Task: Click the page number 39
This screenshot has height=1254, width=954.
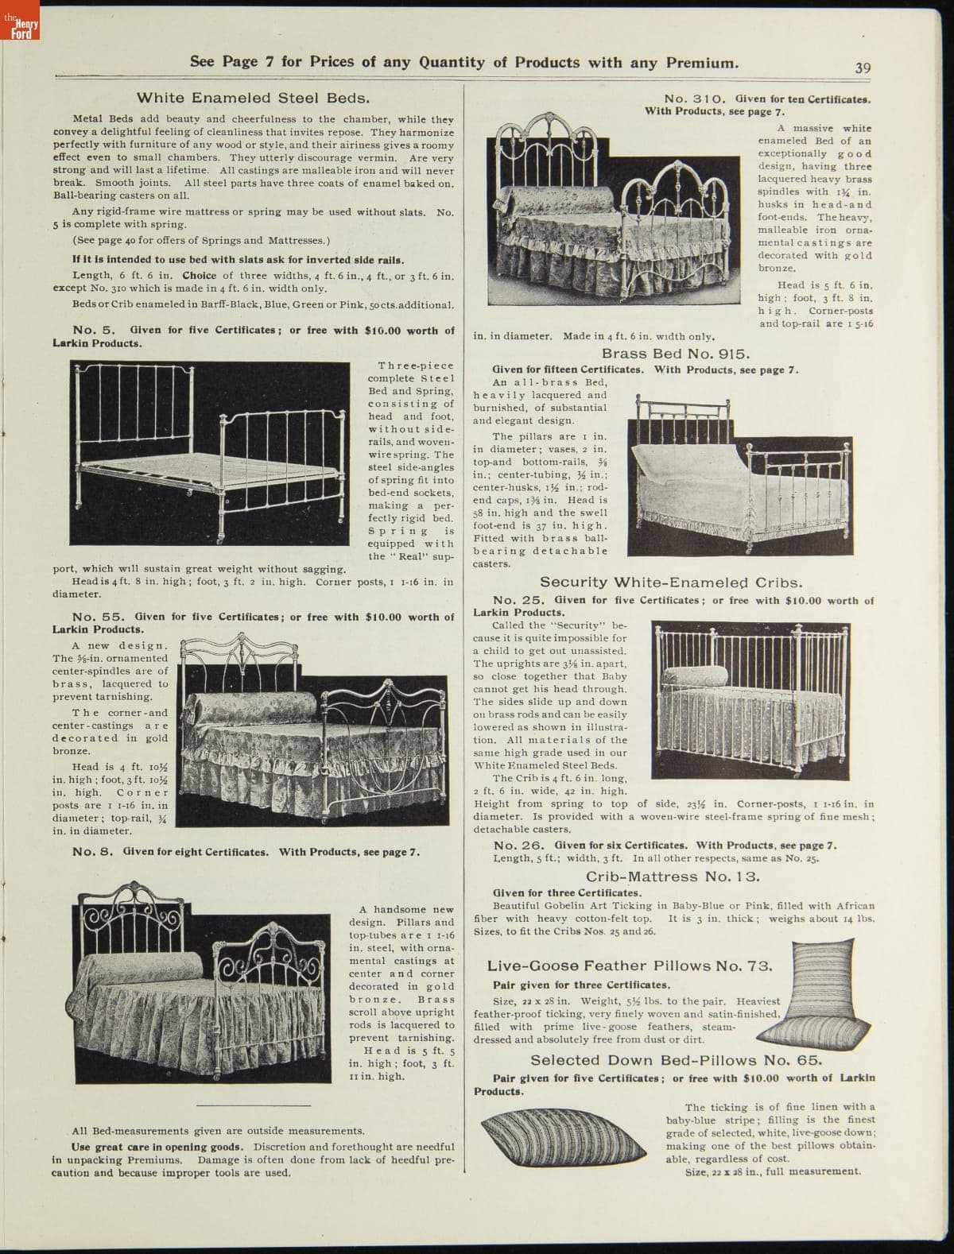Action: [x=863, y=68]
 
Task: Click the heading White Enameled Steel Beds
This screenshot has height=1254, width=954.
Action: [x=253, y=98]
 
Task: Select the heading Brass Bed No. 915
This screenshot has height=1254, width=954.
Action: [x=676, y=354]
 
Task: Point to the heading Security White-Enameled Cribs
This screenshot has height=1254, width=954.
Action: [x=671, y=582]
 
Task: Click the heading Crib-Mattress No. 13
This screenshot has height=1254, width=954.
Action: [x=673, y=877]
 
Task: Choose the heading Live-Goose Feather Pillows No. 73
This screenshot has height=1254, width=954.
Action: [x=630, y=966]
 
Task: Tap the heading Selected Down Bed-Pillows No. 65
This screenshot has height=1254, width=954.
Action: [x=676, y=1060]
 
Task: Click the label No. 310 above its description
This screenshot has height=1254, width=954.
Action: [x=693, y=99]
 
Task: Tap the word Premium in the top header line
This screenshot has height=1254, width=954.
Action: [x=699, y=62]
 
